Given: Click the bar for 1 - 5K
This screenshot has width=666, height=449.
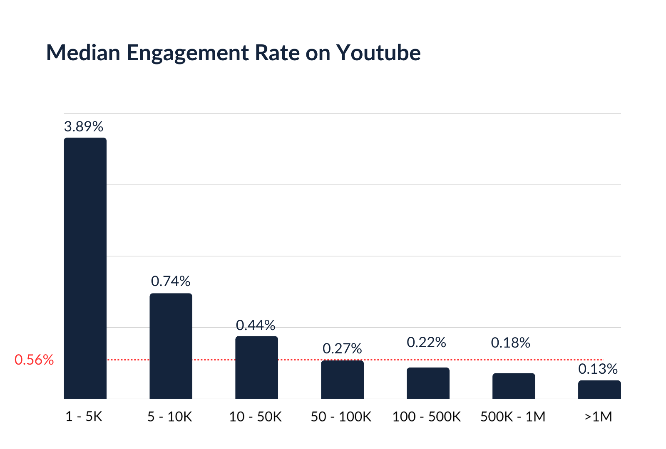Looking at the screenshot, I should coord(85,268).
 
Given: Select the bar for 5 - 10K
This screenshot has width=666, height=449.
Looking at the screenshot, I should coord(171,346).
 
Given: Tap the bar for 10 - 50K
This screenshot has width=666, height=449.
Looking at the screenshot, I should coord(256,368).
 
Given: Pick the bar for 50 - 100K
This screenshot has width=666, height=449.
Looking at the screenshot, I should coord(342,380).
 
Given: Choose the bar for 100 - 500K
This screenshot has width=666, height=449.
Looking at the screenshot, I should coord(428,383).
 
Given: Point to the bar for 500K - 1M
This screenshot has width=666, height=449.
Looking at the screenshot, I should coord(514,386).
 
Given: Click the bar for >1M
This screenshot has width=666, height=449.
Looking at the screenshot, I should coord(599,390).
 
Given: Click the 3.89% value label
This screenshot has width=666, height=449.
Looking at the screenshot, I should coord(83,126).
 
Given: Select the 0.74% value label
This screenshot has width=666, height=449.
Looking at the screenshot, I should coord(170,281).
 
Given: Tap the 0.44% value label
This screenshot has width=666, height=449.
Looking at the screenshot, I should coord(256,325).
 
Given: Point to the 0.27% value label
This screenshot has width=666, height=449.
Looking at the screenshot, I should coord(342,348).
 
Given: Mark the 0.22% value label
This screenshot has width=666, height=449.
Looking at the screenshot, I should coord(426,343).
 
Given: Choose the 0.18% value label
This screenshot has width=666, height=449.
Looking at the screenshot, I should coord(510,343).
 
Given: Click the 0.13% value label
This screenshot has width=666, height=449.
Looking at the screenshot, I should coord(598,369).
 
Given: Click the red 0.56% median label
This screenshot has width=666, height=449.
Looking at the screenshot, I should coord(34,360).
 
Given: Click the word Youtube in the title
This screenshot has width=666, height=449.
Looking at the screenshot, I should coord(378,53).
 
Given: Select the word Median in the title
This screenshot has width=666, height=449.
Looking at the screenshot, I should coord(83,53).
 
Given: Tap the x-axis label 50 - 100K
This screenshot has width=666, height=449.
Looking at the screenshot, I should coord(341,416).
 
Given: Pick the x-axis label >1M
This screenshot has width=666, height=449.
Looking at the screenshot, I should coord(597,416).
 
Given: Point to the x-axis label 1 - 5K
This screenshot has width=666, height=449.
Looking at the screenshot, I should coord(84,416).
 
